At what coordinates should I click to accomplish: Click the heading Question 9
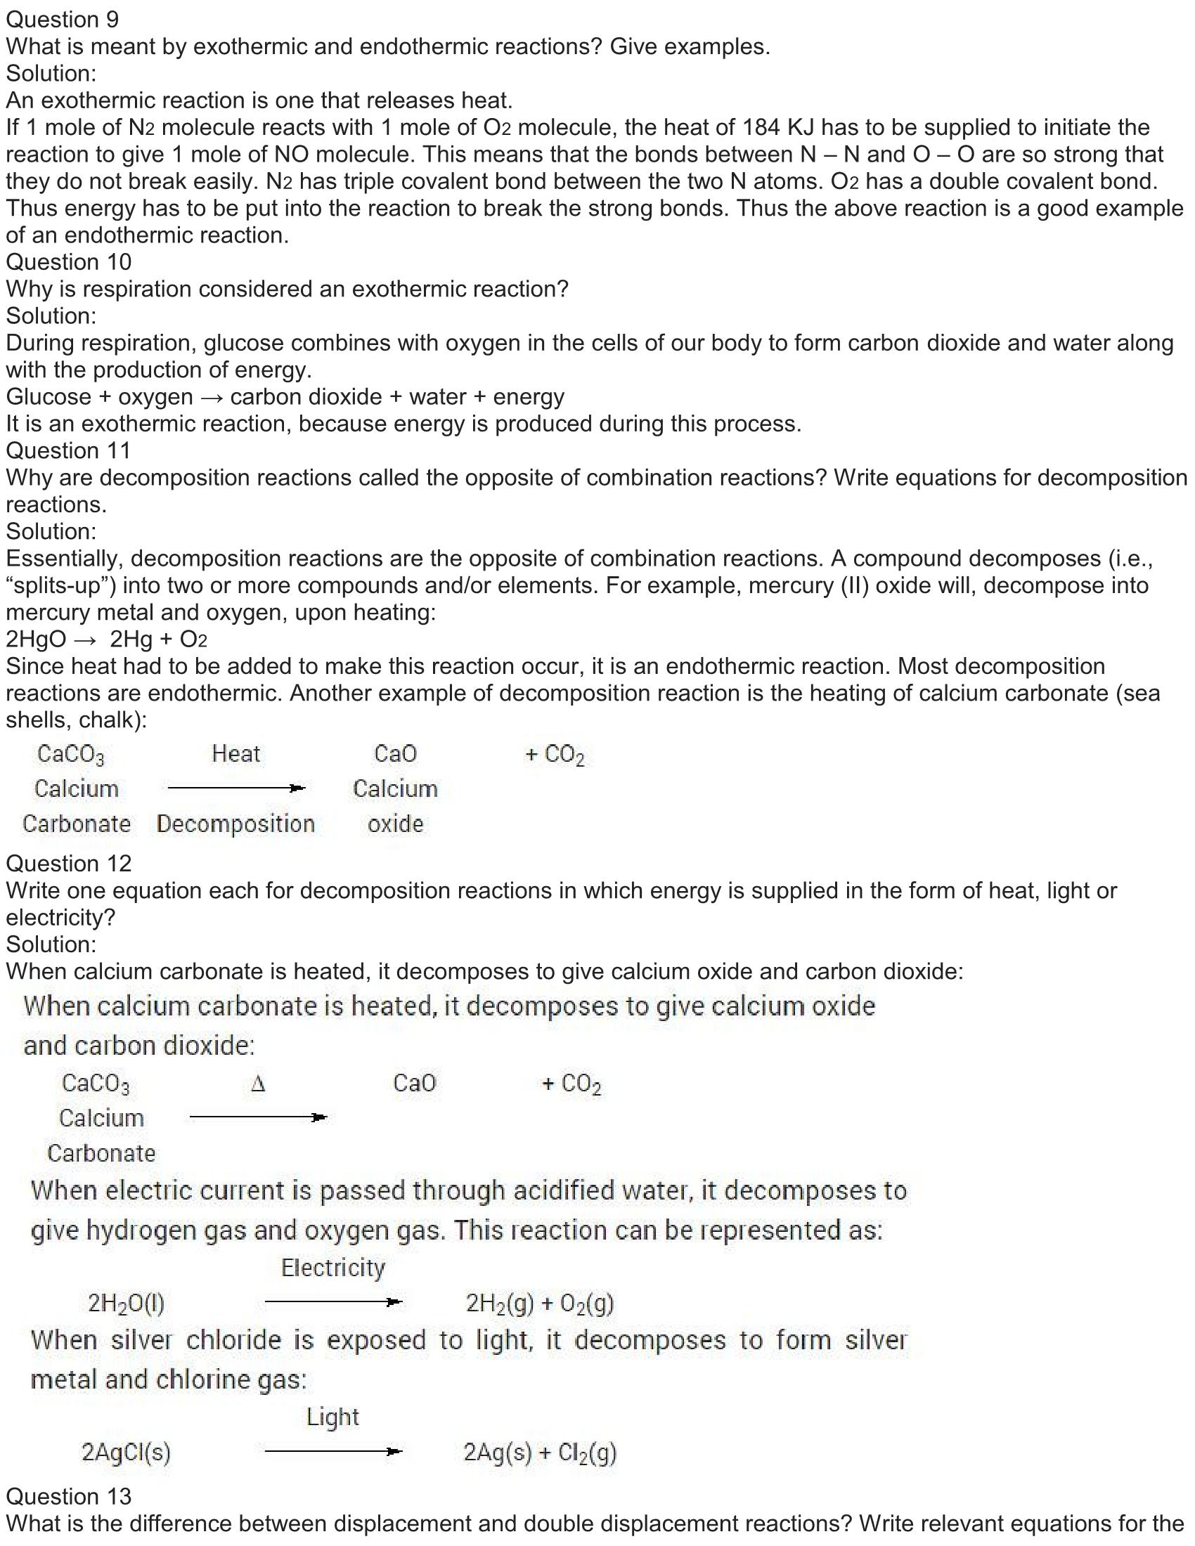[63, 19]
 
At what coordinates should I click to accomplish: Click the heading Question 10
[69, 262]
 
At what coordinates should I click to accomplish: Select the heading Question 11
[69, 450]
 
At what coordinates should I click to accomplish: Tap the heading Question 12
[69, 863]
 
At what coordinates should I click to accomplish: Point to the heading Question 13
[69, 1495]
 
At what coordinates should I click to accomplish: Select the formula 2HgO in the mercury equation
[35, 639]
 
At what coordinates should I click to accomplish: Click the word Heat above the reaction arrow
[235, 753]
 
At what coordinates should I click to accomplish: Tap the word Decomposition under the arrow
[235, 824]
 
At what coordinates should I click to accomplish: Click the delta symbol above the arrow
[259, 1084]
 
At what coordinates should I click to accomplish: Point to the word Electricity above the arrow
[332, 1268]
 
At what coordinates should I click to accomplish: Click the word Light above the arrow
[332, 1417]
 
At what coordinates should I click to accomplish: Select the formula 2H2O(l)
[126, 1302]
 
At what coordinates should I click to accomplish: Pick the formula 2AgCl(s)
[126, 1452]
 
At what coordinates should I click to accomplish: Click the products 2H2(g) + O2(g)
[539, 1302]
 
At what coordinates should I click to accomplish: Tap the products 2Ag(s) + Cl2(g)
[539, 1452]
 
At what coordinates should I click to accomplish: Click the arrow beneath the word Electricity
[332, 1301]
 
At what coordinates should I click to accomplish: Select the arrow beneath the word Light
[332, 1451]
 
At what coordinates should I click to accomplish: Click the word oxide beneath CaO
[395, 824]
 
